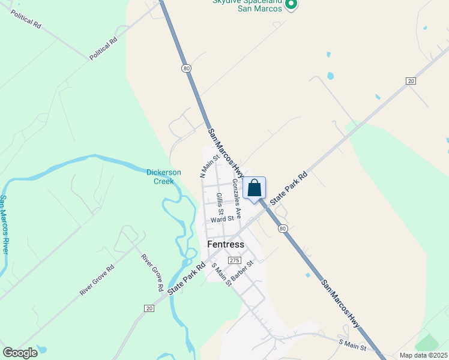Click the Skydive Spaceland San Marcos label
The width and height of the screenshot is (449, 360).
click(x=247, y=4)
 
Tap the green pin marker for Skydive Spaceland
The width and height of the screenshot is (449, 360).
click(x=291, y=5)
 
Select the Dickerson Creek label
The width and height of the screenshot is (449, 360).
click(x=164, y=176)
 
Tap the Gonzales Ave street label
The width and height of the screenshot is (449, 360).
click(x=237, y=198)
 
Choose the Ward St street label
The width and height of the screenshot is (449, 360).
click(x=221, y=220)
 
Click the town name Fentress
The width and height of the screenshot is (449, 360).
click(x=226, y=244)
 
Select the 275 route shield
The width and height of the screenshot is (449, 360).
click(x=234, y=260)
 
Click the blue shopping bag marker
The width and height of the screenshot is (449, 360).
click(x=255, y=188)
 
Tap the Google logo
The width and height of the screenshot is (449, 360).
click(x=20, y=353)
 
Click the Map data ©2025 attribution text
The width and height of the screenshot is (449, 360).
click(x=423, y=355)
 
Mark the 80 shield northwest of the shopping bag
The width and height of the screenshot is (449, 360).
click(x=187, y=69)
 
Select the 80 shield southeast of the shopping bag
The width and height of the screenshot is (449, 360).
click(x=283, y=229)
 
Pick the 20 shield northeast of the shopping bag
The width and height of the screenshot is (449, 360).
click(x=411, y=80)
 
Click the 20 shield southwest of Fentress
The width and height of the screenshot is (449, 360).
click(x=149, y=308)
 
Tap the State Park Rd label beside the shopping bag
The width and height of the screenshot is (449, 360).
click(x=288, y=188)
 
